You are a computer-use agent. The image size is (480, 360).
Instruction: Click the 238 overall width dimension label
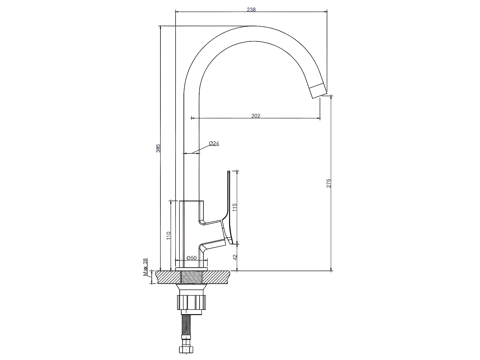251,10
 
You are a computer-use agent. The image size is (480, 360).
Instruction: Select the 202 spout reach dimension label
255,116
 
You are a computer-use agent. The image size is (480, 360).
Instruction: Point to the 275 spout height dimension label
329,183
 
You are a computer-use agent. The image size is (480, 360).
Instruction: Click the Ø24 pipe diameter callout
214,143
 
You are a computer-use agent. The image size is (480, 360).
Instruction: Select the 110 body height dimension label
168,236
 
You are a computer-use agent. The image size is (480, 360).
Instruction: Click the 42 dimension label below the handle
235,257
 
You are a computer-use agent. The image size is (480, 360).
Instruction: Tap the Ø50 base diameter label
191,258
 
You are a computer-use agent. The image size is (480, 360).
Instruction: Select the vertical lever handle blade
228,199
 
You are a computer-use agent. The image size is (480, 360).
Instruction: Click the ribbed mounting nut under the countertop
192,302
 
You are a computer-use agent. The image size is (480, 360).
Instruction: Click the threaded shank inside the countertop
192,277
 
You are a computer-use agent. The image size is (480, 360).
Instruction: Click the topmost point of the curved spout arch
253,26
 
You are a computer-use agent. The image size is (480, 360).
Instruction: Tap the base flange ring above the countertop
192,269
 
